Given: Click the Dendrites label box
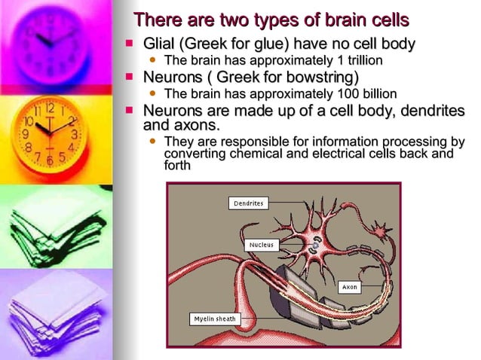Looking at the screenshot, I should point(248,203).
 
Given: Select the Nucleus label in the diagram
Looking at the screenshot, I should point(263,245).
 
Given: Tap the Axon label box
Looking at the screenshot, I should point(349,287).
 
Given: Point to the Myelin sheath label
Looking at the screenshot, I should point(215,319).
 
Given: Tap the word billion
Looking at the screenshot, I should point(375,94).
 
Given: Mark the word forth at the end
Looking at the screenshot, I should point(177,166).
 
